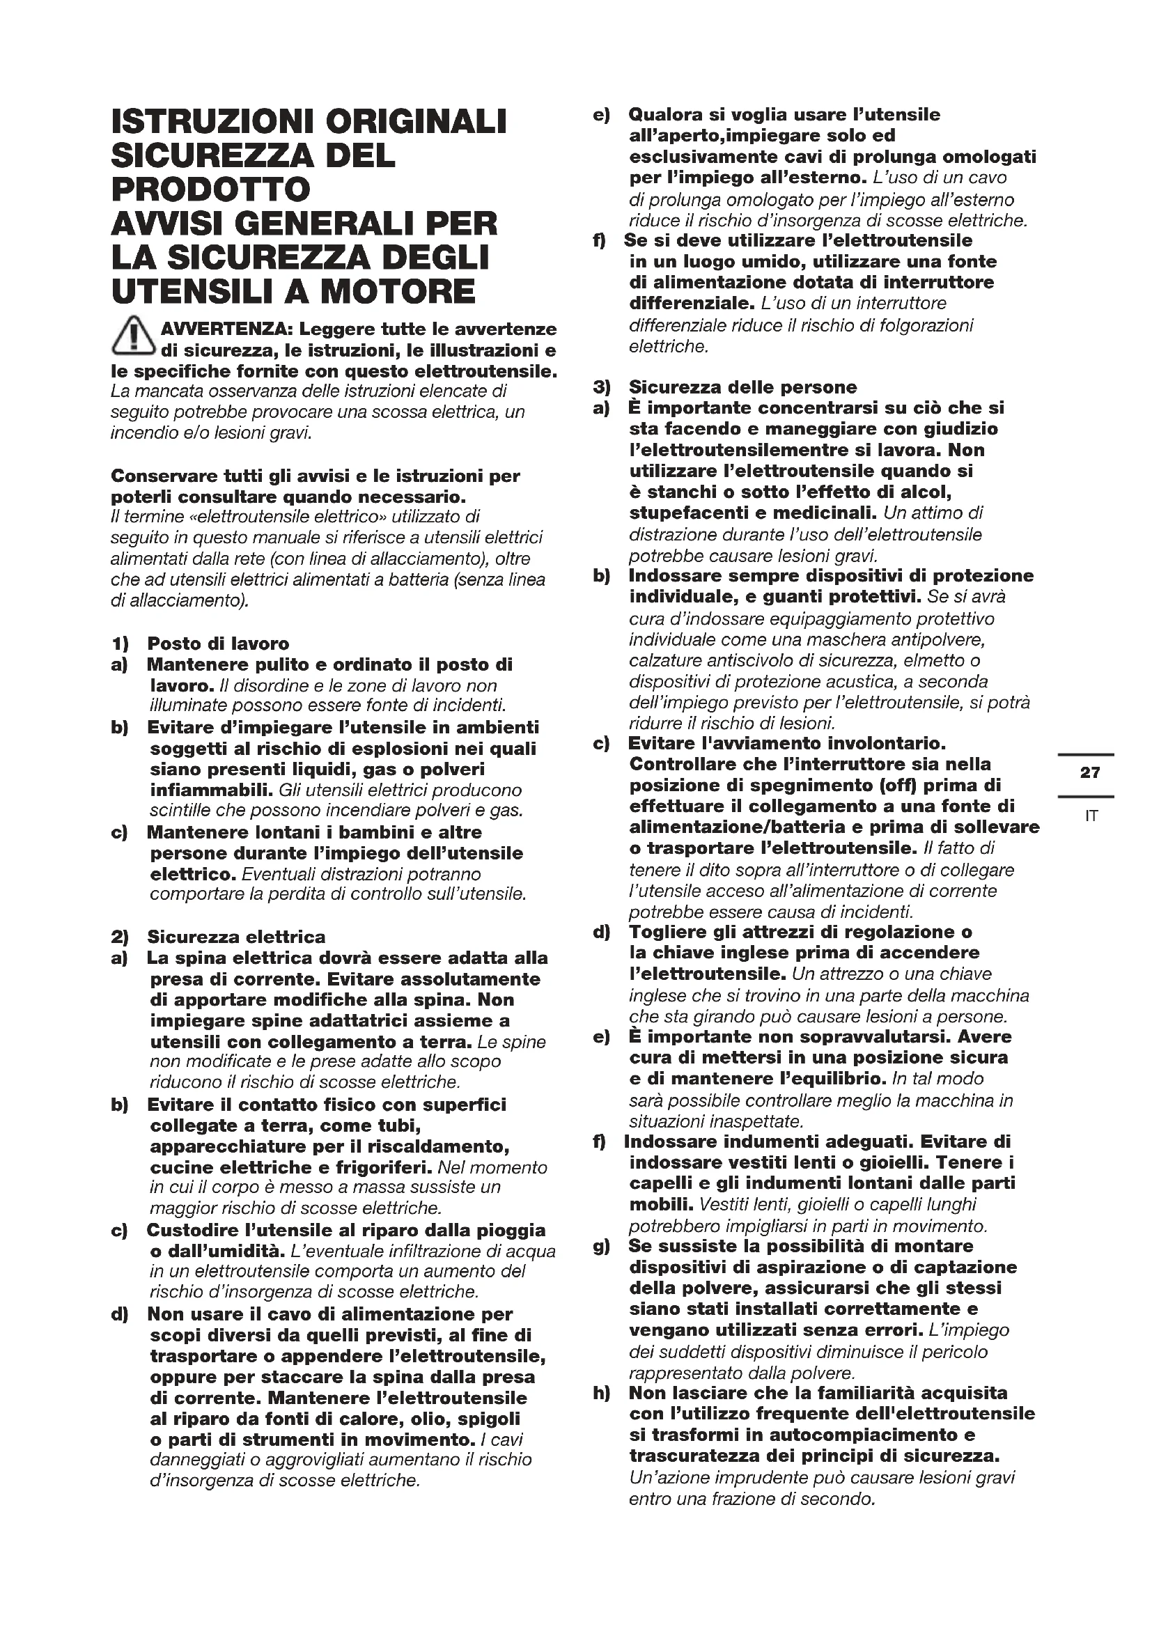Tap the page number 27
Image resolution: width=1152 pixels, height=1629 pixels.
click(x=1089, y=772)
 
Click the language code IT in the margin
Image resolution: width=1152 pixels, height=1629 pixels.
click(x=1091, y=816)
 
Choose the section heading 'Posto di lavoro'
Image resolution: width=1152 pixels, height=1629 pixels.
click(x=218, y=644)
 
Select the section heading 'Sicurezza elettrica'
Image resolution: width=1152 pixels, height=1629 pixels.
click(x=236, y=937)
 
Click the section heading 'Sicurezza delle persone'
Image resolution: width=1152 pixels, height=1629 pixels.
click(x=742, y=387)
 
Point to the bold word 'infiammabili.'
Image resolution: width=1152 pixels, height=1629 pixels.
click(x=212, y=790)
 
